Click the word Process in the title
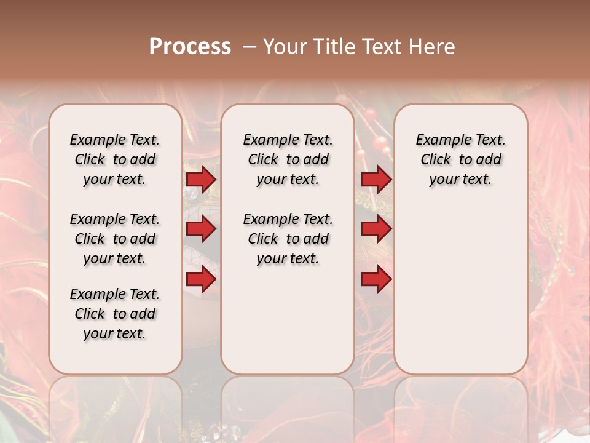point(190,47)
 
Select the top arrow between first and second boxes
point(201,179)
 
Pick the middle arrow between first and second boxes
point(201,229)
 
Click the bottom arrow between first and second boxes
point(201,279)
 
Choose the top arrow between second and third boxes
point(376,179)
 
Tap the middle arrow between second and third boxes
point(376,229)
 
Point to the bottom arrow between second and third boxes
point(376,279)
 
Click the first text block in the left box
point(115,159)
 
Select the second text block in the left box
point(115,239)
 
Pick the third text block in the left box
point(115,314)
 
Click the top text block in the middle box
point(288,159)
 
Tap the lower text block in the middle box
point(288,239)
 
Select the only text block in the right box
point(460,159)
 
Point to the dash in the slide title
point(250,47)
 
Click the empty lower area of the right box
point(460,289)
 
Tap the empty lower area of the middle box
point(288,320)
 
